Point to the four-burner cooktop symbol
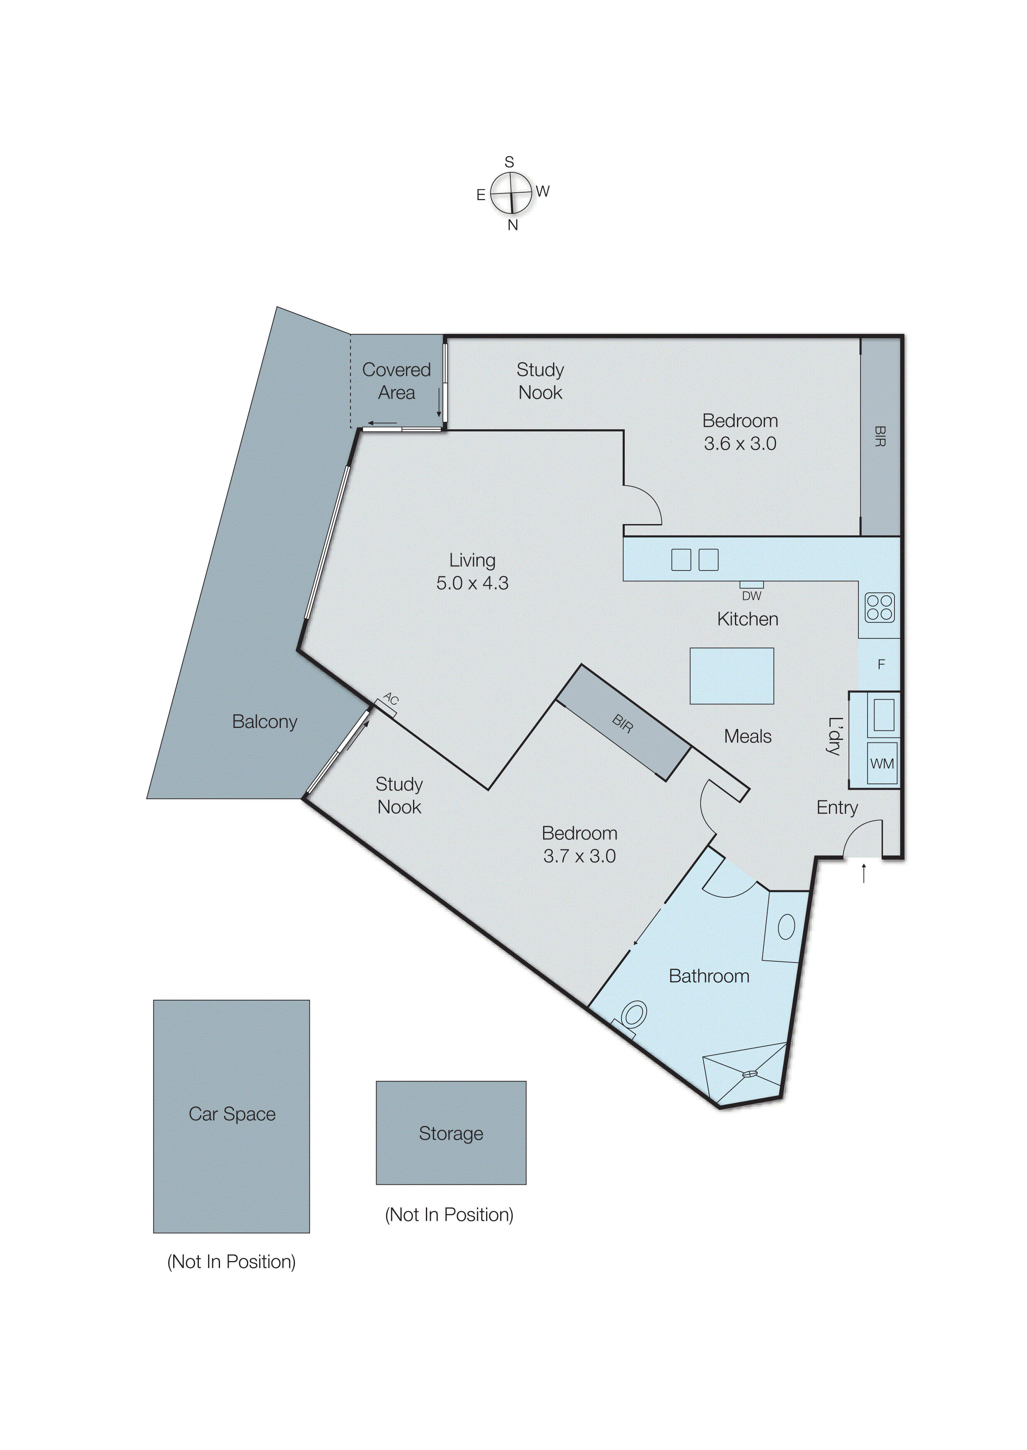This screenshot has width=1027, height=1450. click(x=879, y=607)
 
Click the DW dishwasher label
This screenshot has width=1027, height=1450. click(x=751, y=596)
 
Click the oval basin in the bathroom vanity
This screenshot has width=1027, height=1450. click(x=786, y=926)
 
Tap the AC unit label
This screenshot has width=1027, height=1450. click(x=390, y=699)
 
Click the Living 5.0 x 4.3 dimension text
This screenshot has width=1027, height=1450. click(x=472, y=582)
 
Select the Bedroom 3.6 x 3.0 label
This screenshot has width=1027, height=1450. click(x=740, y=432)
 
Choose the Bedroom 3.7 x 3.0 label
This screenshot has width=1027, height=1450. click(x=579, y=844)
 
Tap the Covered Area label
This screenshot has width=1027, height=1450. click(x=396, y=381)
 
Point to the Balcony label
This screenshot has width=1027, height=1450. click(x=264, y=722)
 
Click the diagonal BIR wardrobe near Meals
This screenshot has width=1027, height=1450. click(x=623, y=723)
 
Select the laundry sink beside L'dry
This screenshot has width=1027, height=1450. click(x=883, y=715)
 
